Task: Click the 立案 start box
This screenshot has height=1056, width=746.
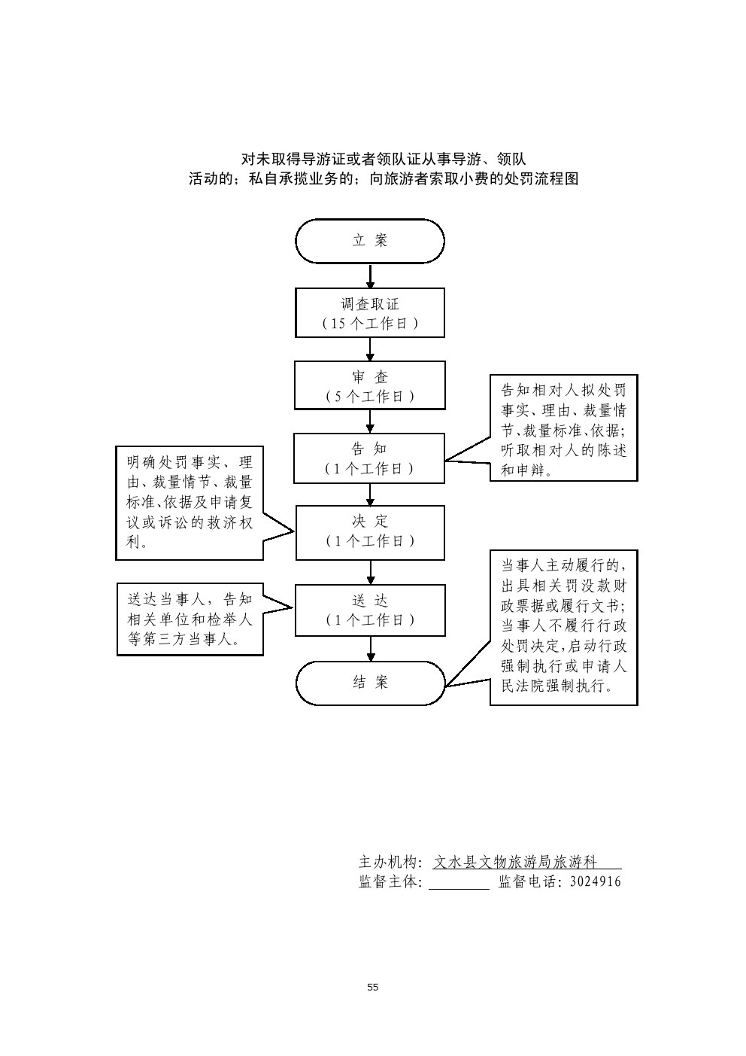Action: pyautogui.click(x=370, y=241)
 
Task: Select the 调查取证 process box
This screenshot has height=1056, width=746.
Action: pyautogui.click(x=370, y=312)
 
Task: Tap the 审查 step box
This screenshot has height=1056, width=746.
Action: pyautogui.click(x=370, y=385)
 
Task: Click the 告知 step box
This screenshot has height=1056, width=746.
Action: pyautogui.click(x=370, y=458)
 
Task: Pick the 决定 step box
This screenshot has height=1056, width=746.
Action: pyautogui.click(x=370, y=532)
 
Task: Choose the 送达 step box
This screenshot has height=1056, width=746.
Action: pyautogui.click(x=370, y=610)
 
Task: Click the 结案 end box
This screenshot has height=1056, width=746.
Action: pyautogui.click(x=370, y=683)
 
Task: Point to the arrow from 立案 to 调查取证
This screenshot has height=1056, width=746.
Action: pyautogui.click(x=370, y=275)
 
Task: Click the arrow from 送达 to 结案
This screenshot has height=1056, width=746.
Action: pyautogui.click(x=370, y=648)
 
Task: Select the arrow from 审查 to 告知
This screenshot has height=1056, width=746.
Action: pyautogui.click(x=370, y=421)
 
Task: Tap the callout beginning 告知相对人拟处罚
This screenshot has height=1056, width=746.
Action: pyautogui.click(x=563, y=429)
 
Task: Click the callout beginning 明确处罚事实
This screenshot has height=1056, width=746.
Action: pyautogui.click(x=190, y=502)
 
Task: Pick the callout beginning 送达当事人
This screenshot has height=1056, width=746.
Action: pyautogui.click(x=190, y=619)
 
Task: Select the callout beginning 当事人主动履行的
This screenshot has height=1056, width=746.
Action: pyautogui.click(x=563, y=626)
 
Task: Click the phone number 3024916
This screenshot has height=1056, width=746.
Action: pyautogui.click(x=596, y=881)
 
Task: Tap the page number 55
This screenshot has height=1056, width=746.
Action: pyautogui.click(x=373, y=987)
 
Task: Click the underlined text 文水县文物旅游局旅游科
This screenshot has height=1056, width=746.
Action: pyautogui.click(x=516, y=862)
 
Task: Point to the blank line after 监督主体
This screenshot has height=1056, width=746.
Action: pyautogui.click(x=459, y=883)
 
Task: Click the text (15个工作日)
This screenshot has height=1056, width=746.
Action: pyautogui.click(x=370, y=324)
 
